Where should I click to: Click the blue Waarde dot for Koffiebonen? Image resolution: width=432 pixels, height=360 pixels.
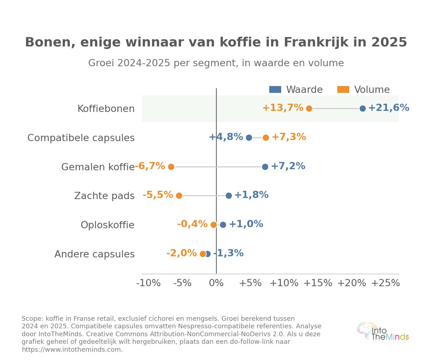point(363,108)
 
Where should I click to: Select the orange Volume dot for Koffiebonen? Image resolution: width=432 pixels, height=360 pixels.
point(309,108)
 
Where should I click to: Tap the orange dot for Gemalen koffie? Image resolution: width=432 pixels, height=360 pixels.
point(171,167)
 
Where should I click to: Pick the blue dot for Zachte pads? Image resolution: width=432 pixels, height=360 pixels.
point(229,195)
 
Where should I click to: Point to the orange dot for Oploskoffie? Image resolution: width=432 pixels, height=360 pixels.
point(213,225)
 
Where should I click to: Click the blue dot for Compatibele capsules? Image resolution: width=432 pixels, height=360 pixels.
point(249,138)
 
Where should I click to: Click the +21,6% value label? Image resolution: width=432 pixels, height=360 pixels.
point(389,108)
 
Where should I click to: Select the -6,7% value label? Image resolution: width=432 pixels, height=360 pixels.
point(150,166)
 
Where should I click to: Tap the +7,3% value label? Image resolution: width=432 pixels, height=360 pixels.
point(289,137)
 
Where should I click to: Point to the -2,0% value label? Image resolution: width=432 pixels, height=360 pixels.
point(182,253)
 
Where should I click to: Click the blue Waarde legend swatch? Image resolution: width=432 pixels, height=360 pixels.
point(275,89)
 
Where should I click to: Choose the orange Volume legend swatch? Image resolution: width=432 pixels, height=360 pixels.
point(343,89)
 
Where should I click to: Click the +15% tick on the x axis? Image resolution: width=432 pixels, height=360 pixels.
point(318,283)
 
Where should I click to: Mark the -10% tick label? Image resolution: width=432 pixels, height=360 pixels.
point(148,283)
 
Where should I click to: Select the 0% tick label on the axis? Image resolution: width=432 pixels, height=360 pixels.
point(216,283)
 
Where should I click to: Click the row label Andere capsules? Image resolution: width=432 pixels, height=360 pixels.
point(95,254)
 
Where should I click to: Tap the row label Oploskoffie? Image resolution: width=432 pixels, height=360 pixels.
point(108,225)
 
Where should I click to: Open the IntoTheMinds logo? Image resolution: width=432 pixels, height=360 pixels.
point(383,334)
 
